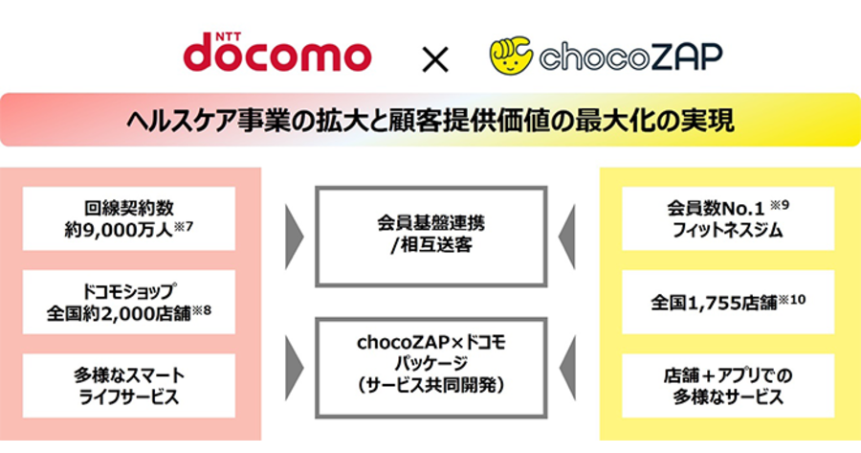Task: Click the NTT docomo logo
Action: tap(277, 53)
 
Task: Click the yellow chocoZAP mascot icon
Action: tap(511, 56)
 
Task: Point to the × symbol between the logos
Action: tap(435, 58)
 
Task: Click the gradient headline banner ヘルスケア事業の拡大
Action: tap(430, 120)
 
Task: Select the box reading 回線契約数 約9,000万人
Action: tap(129, 218)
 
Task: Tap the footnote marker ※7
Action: tap(184, 226)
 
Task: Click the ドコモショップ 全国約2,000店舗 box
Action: tap(129, 302)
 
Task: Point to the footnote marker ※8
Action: tap(201, 310)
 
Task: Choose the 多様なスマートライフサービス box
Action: tap(129, 385)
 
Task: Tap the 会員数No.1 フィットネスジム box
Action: tap(728, 218)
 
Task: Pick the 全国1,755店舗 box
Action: tap(728, 302)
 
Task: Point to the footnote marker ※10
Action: tap(792, 300)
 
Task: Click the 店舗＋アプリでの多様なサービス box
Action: tap(728, 385)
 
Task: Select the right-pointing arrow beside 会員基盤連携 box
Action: tap(294, 237)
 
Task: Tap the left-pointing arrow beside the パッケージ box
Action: tap(566, 368)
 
